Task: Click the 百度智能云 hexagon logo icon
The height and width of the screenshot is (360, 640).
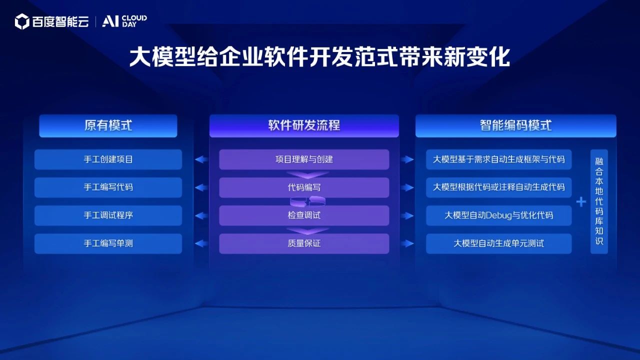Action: tap(22, 21)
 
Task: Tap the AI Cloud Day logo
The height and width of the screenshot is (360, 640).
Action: tap(124, 21)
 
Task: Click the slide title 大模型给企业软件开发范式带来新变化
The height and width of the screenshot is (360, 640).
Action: tap(319, 57)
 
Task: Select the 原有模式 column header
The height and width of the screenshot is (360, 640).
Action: tap(108, 125)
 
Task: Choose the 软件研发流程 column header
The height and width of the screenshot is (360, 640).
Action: tap(304, 125)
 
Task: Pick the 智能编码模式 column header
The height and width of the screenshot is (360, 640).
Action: tap(515, 125)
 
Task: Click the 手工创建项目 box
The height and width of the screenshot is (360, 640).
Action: tap(108, 159)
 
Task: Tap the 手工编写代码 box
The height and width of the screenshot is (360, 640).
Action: tap(108, 187)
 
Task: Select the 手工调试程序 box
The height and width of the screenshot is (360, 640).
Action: tap(108, 215)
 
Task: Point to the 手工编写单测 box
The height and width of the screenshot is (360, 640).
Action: tap(108, 243)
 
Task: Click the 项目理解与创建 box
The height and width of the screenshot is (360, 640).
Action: tap(304, 159)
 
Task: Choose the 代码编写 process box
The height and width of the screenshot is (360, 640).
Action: tap(304, 187)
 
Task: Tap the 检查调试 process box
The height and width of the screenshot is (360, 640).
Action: tap(304, 215)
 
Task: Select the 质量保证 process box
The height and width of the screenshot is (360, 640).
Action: tap(304, 243)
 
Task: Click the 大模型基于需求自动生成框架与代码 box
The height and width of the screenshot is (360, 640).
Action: tap(498, 159)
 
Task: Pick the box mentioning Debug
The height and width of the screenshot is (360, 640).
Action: tap(498, 215)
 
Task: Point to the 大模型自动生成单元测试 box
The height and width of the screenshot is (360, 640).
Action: tap(498, 243)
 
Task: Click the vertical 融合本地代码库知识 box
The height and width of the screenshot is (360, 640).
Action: tap(599, 201)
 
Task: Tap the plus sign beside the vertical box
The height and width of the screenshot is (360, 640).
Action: tap(581, 202)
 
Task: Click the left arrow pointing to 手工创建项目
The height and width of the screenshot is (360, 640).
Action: tap(201, 159)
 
